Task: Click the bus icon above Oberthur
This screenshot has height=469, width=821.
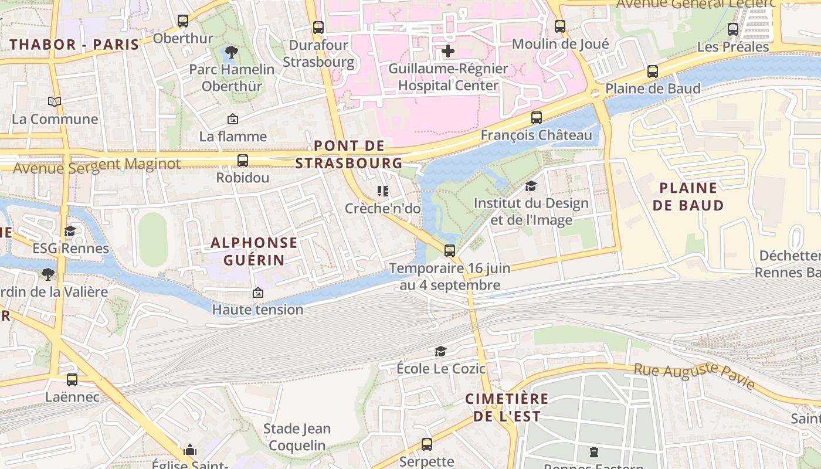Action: [183, 21]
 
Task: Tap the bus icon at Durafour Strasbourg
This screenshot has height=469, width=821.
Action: [318, 27]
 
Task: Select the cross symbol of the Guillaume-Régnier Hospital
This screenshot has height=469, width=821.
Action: [448, 51]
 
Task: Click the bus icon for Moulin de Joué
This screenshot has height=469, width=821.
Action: [560, 26]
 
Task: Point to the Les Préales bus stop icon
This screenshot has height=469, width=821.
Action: [733, 29]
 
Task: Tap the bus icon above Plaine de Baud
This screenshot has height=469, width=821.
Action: [653, 72]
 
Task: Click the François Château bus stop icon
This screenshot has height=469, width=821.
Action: [537, 117]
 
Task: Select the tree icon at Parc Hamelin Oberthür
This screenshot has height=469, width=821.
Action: [232, 52]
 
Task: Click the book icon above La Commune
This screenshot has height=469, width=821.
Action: [55, 102]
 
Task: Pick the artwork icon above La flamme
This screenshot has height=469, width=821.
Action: [233, 119]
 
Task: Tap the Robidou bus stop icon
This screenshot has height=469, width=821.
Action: [243, 160]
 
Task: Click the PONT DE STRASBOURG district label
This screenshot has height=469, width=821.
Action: [349, 154]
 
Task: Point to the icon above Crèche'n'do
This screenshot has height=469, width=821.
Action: [383, 191]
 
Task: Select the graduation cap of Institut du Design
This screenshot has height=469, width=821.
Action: [531, 186]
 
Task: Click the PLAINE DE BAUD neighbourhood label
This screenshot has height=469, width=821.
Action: [688, 196]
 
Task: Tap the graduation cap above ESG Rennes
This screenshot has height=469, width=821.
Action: [70, 231]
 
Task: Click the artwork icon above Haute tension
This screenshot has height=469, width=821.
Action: [257, 292]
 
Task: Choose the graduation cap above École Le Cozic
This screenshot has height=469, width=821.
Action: [440, 351]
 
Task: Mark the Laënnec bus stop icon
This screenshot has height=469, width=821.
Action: [72, 379]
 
